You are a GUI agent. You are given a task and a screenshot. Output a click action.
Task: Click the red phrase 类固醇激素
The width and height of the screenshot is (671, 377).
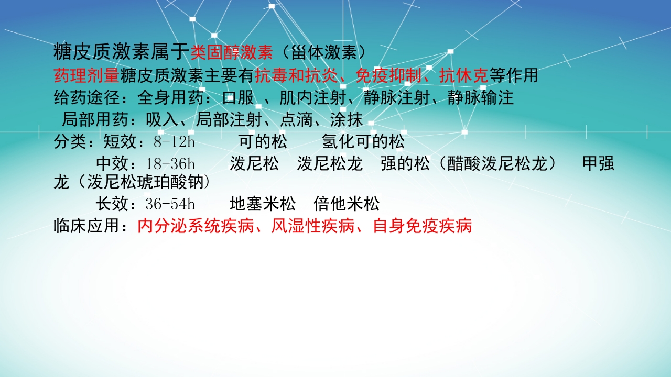pos(232,52)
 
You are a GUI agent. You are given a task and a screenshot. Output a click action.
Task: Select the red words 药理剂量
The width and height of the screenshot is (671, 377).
pos(86,75)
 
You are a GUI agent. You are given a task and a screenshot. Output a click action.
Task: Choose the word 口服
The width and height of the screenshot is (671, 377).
pos(239,98)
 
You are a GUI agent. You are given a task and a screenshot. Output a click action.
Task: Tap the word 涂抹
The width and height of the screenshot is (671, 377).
pos(347,120)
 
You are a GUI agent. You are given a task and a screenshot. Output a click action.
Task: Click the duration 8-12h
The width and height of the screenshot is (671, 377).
pos(174,142)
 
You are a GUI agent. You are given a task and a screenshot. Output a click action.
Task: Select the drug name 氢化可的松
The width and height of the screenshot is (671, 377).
pos(363,142)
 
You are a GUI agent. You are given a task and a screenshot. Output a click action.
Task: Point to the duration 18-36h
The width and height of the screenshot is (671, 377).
pos(170,164)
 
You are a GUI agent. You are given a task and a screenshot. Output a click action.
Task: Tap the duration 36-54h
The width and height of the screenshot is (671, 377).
pos(170,204)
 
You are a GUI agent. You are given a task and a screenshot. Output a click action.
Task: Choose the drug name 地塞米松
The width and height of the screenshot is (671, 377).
pos(263,204)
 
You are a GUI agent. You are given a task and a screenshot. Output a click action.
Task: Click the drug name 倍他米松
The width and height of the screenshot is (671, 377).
pos(347,204)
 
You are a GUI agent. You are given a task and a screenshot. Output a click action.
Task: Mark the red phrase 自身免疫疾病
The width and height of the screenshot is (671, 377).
pos(422,226)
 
